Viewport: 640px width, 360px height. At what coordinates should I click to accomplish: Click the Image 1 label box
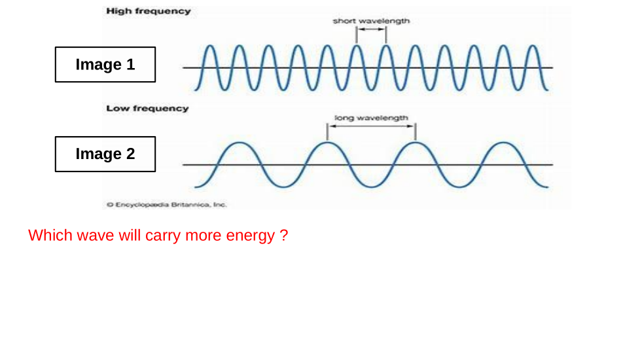pyautogui.click(x=105, y=64)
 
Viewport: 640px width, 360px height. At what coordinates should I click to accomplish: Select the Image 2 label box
pyautogui.click(x=105, y=154)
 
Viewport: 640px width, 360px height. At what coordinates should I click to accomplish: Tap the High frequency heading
pyautogui.click(x=148, y=11)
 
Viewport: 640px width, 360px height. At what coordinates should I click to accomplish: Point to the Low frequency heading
pyautogui.click(x=147, y=109)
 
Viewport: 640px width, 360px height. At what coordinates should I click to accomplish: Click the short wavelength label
pyautogui.click(x=371, y=21)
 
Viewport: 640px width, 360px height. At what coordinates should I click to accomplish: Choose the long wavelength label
pyautogui.click(x=371, y=118)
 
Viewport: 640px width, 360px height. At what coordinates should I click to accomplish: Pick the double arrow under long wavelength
pyautogui.click(x=371, y=127)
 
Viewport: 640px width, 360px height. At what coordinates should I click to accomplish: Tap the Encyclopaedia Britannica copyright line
pyautogui.click(x=166, y=205)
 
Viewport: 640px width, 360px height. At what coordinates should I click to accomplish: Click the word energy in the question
pyautogui.click(x=250, y=236)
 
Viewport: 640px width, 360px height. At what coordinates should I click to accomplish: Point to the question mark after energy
pyautogui.click(x=283, y=236)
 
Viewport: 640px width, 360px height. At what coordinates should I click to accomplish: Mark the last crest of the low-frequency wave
pyautogui.click(x=503, y=143)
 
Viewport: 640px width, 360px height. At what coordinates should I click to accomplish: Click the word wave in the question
pyautogui.click(x=96, y=236)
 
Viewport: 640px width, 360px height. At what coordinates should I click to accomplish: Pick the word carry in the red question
pyautogui.click(x=163, y=236)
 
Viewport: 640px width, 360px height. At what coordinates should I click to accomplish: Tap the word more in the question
pyautogui.click(x=204, y=236)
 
